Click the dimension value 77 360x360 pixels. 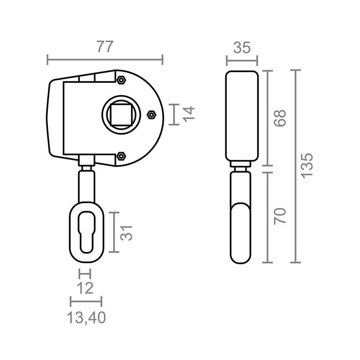pos(104,47)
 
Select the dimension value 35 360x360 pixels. pos(241,48)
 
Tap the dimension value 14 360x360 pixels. pos(189,114)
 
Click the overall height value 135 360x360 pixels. pos(307,166)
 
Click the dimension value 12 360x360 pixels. pos(84,286)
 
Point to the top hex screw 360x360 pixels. pos(121,80)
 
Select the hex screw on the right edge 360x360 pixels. pos(151,114)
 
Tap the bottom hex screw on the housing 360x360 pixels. pos(121,156)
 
